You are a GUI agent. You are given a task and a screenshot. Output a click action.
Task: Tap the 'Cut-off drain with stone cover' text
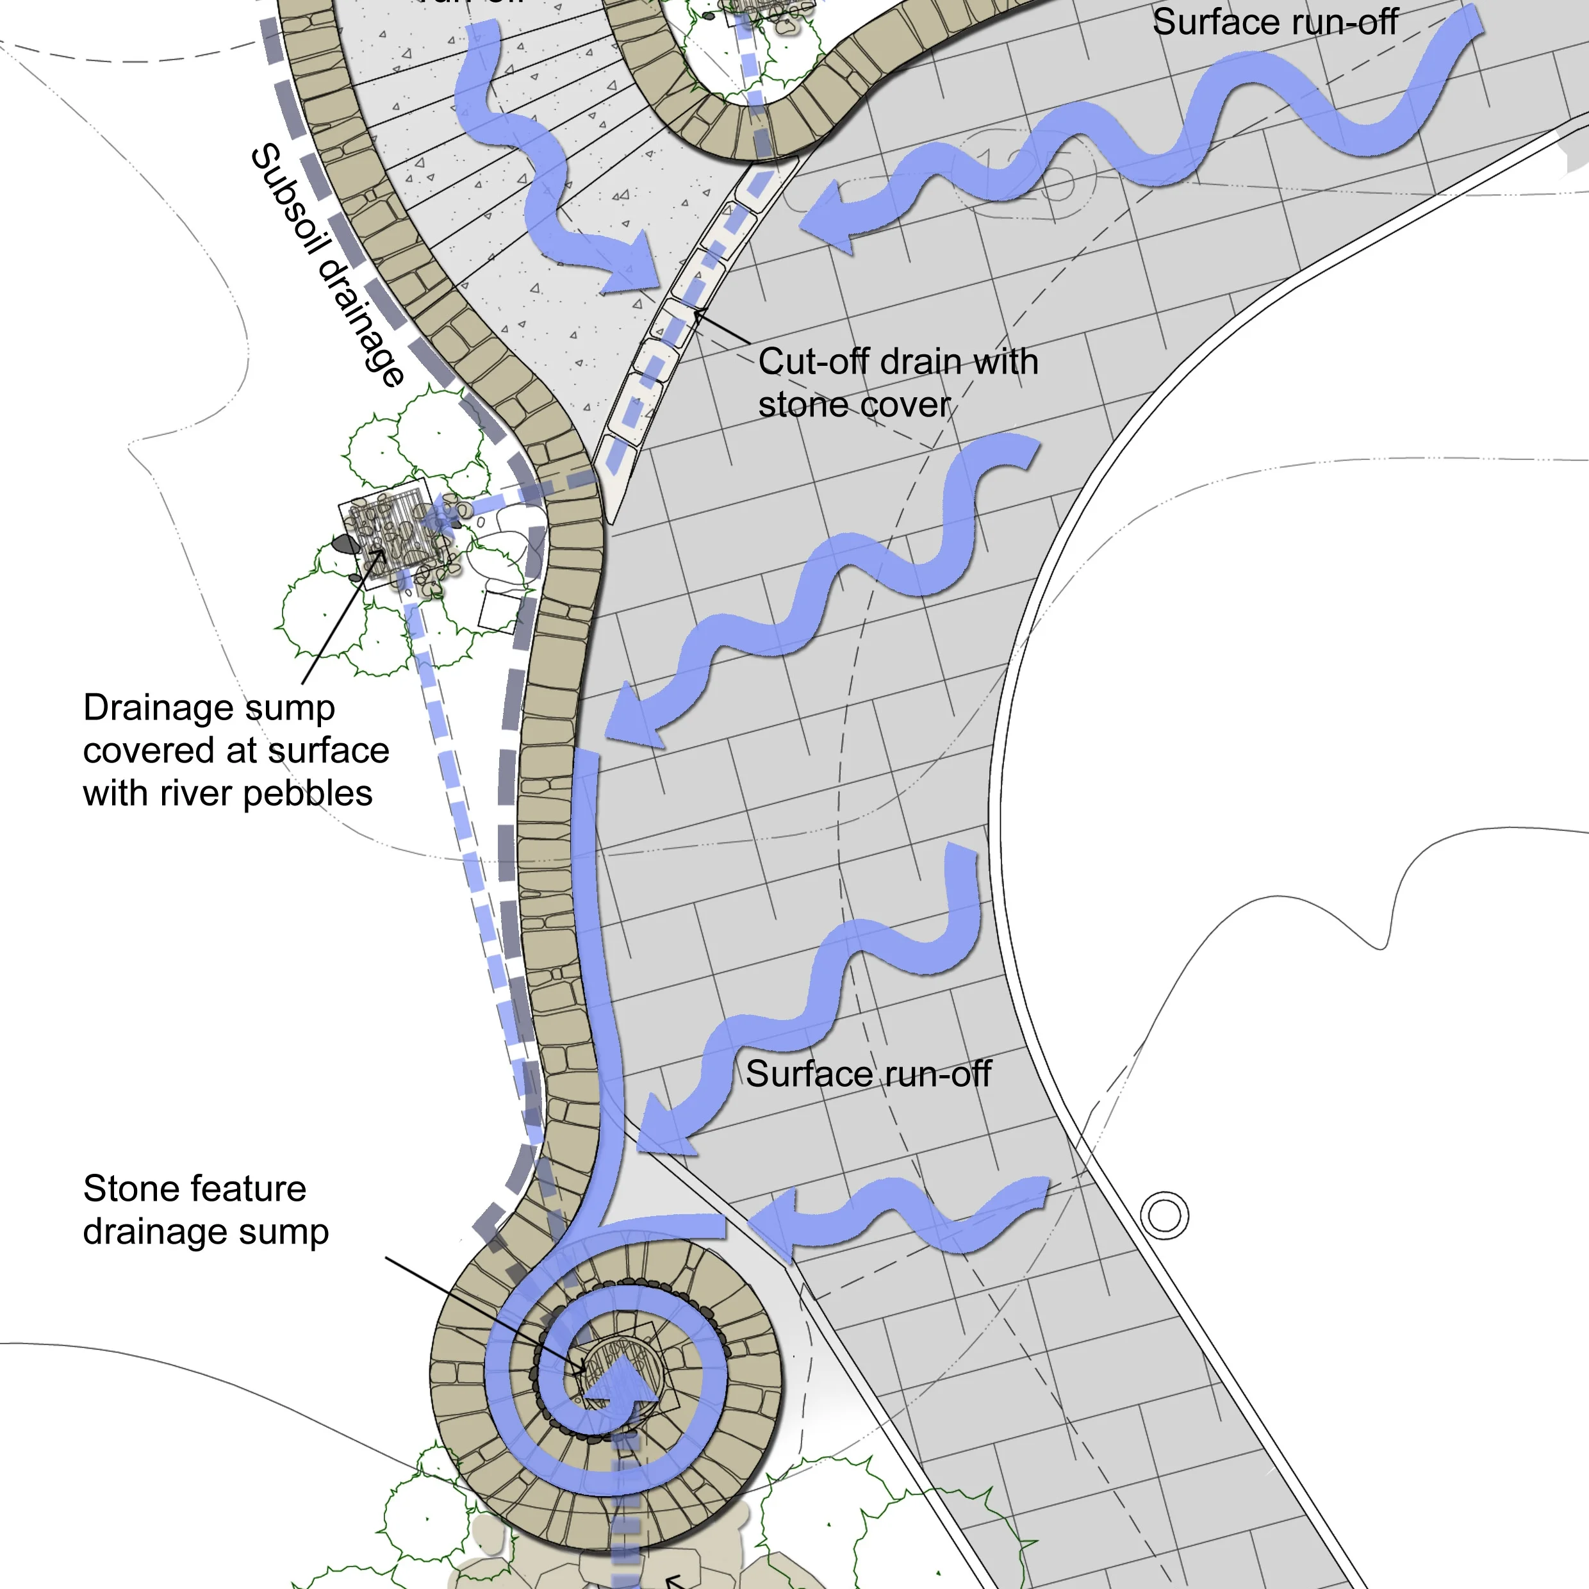pos(897,383)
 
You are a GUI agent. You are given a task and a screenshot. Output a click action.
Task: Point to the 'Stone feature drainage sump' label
pos(206,1210)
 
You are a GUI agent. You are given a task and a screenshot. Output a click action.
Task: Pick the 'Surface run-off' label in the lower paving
pos(868,1074)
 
